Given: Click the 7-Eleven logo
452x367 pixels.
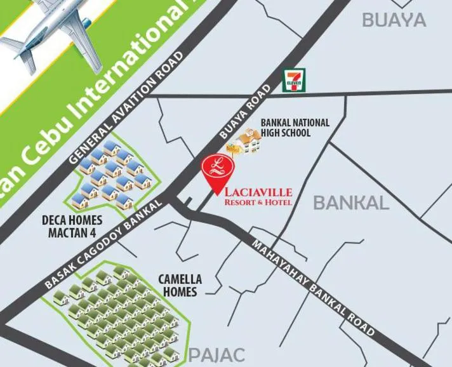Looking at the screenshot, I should pos(293,81).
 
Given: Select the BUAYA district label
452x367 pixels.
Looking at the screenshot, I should pos(394,20).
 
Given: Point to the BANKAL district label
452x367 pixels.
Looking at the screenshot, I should pos(351,203).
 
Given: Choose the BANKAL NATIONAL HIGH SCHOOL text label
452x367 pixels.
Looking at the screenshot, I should pos(295,128).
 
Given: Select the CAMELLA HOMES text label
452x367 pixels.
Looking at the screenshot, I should pos(180,286).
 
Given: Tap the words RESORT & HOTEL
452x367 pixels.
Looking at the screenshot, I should pos(258,203).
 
